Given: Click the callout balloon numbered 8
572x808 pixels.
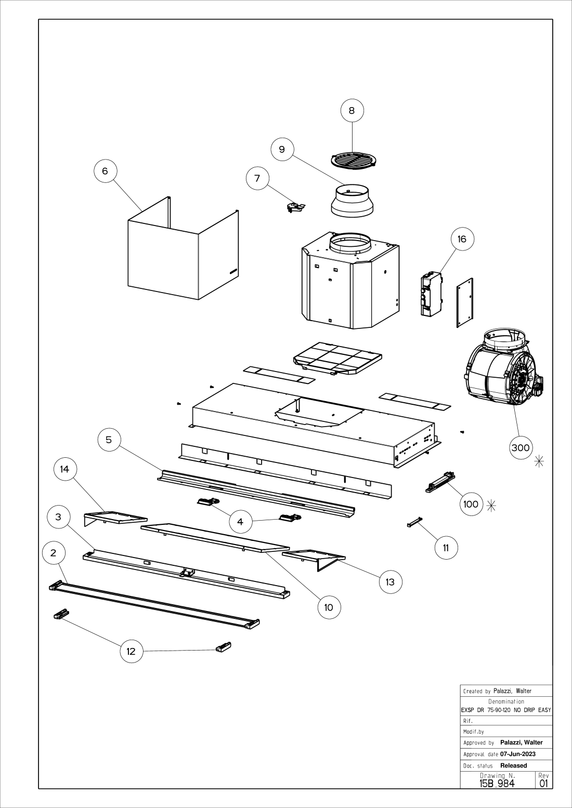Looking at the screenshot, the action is (352, 110).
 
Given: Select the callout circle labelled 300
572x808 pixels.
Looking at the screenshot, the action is (521, 447).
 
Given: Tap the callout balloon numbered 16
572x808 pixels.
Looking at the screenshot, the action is (462, 239).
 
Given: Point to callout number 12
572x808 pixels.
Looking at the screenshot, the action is (131, 651).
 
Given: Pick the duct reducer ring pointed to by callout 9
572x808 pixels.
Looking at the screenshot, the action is (352, 201).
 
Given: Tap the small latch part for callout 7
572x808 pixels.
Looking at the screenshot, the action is (295, 207).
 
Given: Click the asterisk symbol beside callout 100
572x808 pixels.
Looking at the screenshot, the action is (491, 506).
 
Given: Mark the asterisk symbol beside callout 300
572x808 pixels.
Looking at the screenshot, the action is (539, 461).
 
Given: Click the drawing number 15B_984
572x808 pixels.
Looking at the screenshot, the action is (497, 783).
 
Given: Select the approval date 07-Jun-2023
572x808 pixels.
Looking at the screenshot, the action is (518, 754).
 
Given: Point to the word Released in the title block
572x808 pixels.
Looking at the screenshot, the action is (514, 765).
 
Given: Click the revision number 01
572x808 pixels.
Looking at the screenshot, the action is (543, 783).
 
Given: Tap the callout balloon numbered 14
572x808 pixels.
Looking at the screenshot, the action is (64, 469).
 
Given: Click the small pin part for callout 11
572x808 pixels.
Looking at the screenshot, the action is (414, 522).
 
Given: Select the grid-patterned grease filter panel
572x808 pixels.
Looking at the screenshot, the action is (337, 358).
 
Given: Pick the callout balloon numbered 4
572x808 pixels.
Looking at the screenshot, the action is (240, 521).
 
